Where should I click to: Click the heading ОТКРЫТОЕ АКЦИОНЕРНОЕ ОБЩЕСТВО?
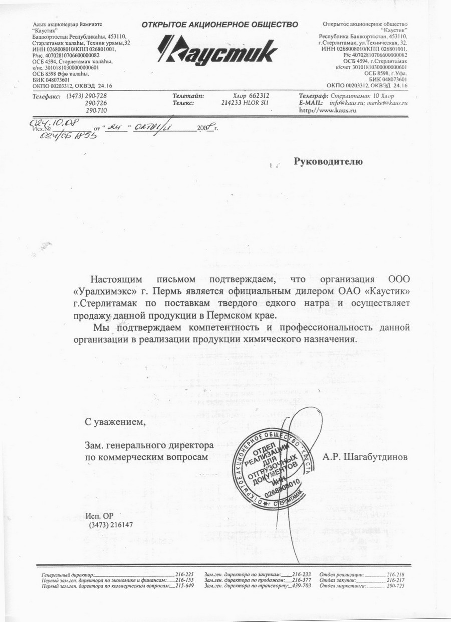(x=220, y=24)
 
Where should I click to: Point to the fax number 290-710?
(x=96, y=110)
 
